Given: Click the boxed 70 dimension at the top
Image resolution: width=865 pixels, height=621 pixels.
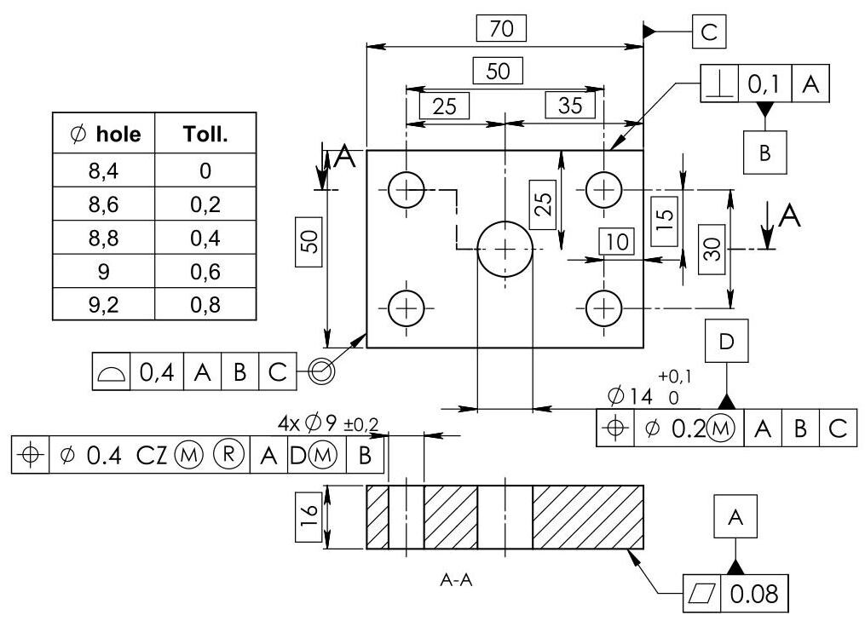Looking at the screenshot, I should [x=501, y=28].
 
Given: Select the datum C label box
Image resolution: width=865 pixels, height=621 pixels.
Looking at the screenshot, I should [x=709, y=32].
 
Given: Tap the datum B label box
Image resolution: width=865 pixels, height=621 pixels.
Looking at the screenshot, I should [x=764, y=152].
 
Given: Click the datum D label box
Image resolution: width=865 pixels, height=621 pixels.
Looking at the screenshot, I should [x=725, y=342].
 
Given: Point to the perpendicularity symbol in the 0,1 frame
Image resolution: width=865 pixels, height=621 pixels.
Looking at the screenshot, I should [x=719, y=83].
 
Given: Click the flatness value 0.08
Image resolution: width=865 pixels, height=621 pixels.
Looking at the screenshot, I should [x=754, y=593].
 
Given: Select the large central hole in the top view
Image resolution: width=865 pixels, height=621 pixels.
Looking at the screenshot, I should [x=505, y=249].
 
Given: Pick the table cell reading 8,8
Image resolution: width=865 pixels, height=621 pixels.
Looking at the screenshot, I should [x=103, y=238].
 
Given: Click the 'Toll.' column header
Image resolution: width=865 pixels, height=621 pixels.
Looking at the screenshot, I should [x=205, y=134].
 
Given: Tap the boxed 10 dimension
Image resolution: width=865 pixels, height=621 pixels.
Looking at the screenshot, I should [x=617, y=242].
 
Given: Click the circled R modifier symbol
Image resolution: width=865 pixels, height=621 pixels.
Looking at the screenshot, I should [x=226, y=455].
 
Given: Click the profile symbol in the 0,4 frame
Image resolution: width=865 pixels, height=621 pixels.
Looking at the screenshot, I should [x=112, y=372].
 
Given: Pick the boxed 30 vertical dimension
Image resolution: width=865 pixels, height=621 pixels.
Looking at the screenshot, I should [x=712, y=247].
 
